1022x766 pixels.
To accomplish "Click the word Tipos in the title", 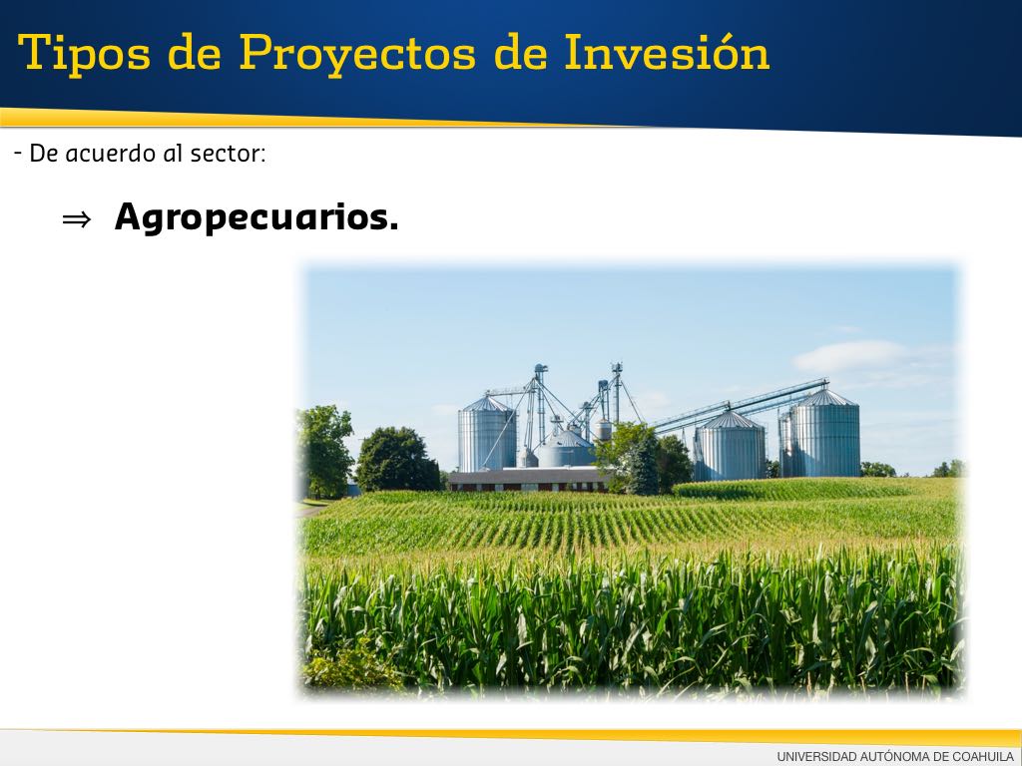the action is (x=84, y=54).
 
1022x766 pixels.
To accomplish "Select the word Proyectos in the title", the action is (x=357, y=54).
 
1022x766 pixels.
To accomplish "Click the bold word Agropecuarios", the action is (x=256, y=217).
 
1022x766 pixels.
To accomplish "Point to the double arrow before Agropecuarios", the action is (x=76, y=219).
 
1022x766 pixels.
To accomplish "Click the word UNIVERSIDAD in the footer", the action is (x=815, y=756).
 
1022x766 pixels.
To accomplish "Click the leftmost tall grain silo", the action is (x=487, y=434).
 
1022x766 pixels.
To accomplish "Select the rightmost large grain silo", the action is (x=825, y=433).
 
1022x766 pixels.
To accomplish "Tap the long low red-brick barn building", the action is (x=529, y=480).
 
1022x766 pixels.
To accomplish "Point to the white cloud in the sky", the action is (x=850, y=356).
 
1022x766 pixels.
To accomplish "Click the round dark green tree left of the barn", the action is (x=397, y=459).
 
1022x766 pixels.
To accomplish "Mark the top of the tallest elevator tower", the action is (x=616, y=365).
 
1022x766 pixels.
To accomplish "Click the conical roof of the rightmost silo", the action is (x=825, y=397).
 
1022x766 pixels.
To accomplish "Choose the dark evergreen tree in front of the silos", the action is (x=644, y=465).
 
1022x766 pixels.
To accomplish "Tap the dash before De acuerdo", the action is (x=18, y=154).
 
